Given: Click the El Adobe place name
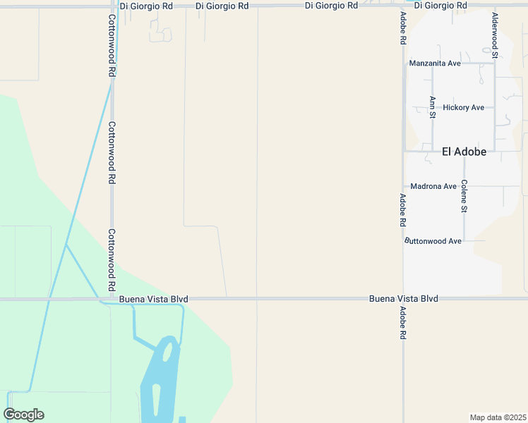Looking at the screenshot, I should point(464,151).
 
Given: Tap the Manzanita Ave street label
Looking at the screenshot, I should point(435,63).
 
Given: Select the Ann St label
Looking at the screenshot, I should point(432,106).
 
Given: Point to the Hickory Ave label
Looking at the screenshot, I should point(464,107).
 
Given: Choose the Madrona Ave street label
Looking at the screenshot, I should point(433,186).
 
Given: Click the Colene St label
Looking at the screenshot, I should point(464,196).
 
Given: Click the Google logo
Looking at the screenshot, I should point(23,415).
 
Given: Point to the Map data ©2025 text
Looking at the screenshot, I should point(498,417).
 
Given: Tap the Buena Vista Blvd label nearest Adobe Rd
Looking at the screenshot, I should point(403,299).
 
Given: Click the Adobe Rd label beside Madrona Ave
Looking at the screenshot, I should point(402,209).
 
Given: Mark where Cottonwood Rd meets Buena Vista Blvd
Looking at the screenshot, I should point(112,299).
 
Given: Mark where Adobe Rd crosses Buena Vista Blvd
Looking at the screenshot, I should point(403,298).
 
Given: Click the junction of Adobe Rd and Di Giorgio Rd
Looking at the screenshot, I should point(403,6).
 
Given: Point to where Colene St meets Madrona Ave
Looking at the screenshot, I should point(464,186).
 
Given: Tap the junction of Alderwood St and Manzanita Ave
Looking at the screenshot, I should point(495,63).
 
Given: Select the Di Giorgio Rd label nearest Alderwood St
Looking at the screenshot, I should point(440,6).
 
